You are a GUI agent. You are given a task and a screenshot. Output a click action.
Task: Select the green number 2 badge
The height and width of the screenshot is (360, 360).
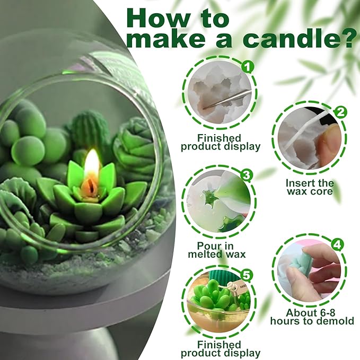pos(341,112)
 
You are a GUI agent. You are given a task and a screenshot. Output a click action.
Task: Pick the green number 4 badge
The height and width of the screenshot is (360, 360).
pos(338,245)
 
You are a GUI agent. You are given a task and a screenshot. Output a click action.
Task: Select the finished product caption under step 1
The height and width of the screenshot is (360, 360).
pos(221,142)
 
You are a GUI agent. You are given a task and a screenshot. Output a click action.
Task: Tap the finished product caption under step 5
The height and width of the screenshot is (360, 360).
pos(221,348)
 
